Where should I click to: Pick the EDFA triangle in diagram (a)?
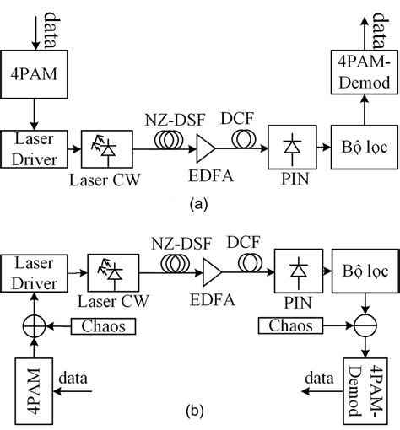tap(204, 150)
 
